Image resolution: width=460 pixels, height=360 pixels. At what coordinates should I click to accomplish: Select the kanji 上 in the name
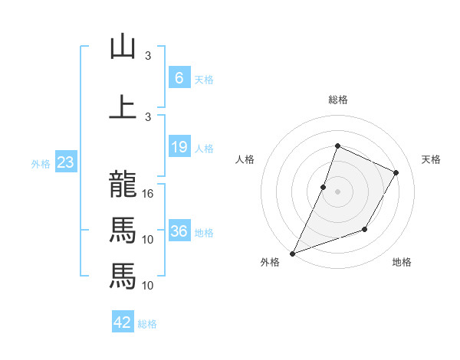(x=123, y=106)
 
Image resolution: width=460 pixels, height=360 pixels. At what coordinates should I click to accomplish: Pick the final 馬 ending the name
(x=123, y=275)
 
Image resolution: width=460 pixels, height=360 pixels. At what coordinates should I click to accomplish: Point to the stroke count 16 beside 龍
(x=149, y=194)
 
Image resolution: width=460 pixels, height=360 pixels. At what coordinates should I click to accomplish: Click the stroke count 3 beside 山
(x=149, y=56)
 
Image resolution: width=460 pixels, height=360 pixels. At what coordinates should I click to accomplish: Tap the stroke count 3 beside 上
(x=149, y=116)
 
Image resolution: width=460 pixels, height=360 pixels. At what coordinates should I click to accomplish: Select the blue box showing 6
(x=179, y=77)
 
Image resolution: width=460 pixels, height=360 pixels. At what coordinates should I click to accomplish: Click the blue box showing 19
(x=179, y=147)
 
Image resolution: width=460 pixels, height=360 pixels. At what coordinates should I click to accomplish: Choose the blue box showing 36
(x=179, y=231)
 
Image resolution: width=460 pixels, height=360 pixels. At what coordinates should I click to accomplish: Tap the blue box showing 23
(x=65, y=162)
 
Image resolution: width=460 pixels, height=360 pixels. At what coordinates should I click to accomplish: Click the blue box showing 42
(x=123, y=322)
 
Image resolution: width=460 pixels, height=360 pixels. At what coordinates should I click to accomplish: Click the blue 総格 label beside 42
(x=147, y=324)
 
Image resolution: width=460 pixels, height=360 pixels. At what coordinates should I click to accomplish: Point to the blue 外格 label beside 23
(x=41, y=163)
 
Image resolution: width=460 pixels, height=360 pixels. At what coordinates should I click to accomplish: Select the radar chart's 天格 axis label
(x=431, y=159)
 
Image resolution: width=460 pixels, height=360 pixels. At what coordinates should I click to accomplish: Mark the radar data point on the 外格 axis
(x=292, y=253)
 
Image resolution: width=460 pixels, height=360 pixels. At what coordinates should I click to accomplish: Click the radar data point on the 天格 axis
(x=396, y=172)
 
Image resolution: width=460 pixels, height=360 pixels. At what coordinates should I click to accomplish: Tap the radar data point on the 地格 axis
(x=365, y=229)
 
